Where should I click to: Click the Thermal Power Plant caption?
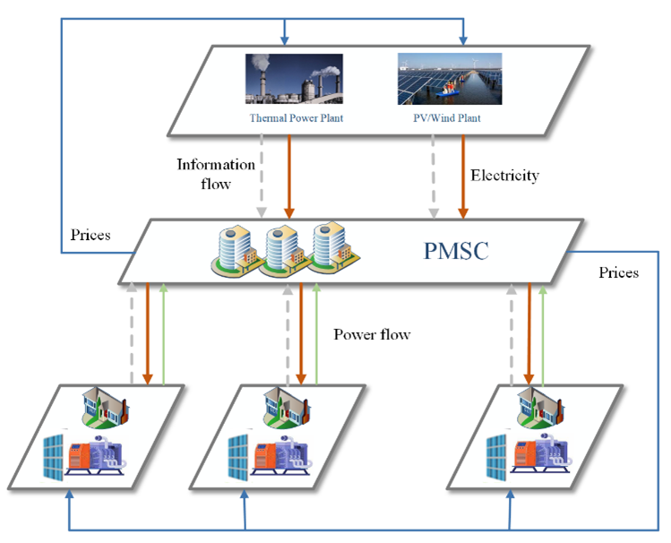[296, 117]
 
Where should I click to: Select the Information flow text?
[216, 174]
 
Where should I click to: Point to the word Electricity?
[505, 176]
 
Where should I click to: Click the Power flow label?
[372, 335]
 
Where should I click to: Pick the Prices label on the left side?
[90, 236]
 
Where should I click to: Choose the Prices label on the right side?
[618, 271]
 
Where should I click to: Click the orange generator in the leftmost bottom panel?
[89, 454]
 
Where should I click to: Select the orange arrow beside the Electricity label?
[463, 176]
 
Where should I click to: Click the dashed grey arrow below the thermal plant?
[262, 176]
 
